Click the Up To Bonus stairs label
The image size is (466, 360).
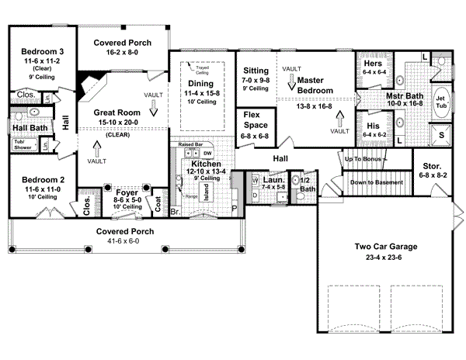tap(365, 158)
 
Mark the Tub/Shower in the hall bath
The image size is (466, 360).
tap(22, 144)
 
